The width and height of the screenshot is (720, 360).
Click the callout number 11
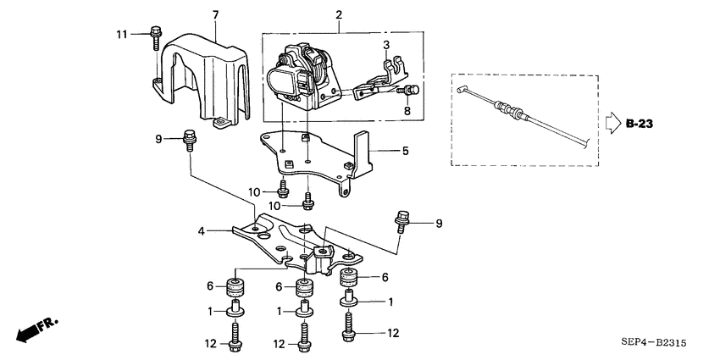pyautogui.click(x=121, y=33)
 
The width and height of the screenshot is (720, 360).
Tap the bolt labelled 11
pyautogui.click(x=157, y=35)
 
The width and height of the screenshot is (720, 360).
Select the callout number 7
pyautogui.click(x=215, y=15)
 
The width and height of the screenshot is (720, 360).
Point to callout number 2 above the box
pyautogui.click(x=339, y=15)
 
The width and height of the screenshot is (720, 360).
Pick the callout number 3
pyautogui.click(x=386, y=44)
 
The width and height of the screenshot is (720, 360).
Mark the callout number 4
pyautogui.click(x=201, y=229)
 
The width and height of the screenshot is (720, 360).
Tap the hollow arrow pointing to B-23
pyautogui.click(x=612, y=124)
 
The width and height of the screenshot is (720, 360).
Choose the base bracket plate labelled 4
pyautogui.click(x=296, y=241)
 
